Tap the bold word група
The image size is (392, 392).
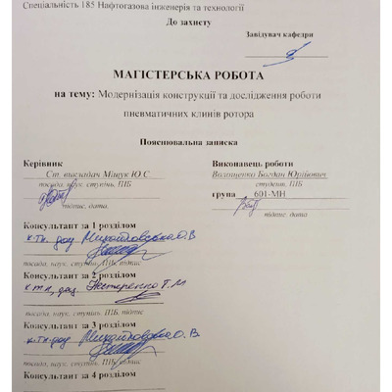pyautogui.click(x=224, y=195)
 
